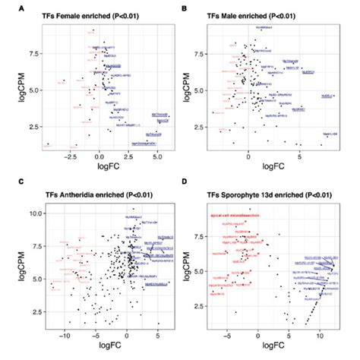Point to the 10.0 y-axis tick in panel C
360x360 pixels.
[x=32, y=215]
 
